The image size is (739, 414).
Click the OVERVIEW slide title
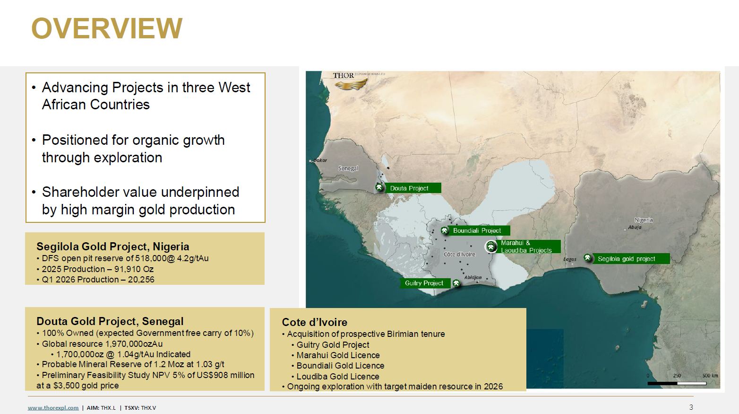coord(107,28)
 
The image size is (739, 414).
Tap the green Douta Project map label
coord(412,188)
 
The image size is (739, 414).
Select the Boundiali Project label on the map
coord(477,230)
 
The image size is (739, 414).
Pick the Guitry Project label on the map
coord(425,283)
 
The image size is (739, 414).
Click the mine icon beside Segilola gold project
coord(588,258)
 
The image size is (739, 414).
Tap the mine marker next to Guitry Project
coord(456,283)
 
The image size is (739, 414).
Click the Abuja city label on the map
coord(635,227)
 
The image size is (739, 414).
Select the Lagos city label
coord(570,259)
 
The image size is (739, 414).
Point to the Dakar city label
coord(320,160)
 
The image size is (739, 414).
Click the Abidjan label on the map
coord(473,277)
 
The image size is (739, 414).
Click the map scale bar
coord(677,383)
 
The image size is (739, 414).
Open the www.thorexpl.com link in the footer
coord(53,408)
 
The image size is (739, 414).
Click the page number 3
coord(691,407)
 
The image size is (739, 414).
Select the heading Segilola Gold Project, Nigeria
coord(113,247)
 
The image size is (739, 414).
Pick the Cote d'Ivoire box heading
coord(314,322)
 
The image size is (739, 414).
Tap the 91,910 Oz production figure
coord(134,269)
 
